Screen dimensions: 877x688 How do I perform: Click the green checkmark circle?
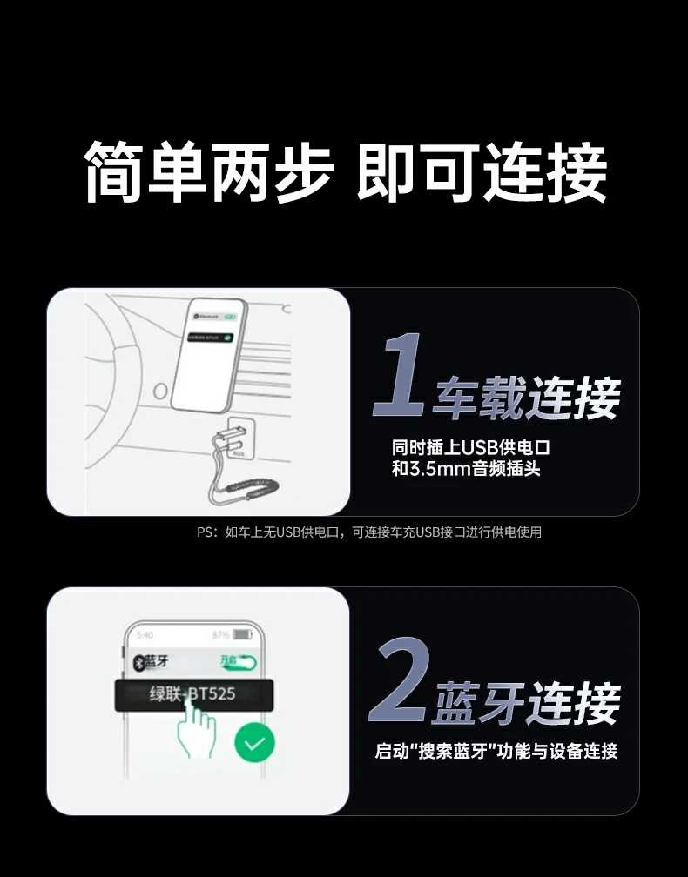click(254, 743)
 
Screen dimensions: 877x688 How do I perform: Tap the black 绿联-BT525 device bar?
click(193, 695)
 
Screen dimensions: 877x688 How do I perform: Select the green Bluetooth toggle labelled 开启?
click(239, 661)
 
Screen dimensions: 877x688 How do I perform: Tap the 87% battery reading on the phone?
click(219, 635)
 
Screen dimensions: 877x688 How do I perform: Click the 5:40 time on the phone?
click(145, 635)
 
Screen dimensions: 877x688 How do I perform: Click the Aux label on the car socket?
click(238, 453)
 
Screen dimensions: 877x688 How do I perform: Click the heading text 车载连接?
click(527, 398)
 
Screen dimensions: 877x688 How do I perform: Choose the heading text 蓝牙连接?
click(527, 703)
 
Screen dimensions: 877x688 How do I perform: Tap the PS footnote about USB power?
click(369, 532)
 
